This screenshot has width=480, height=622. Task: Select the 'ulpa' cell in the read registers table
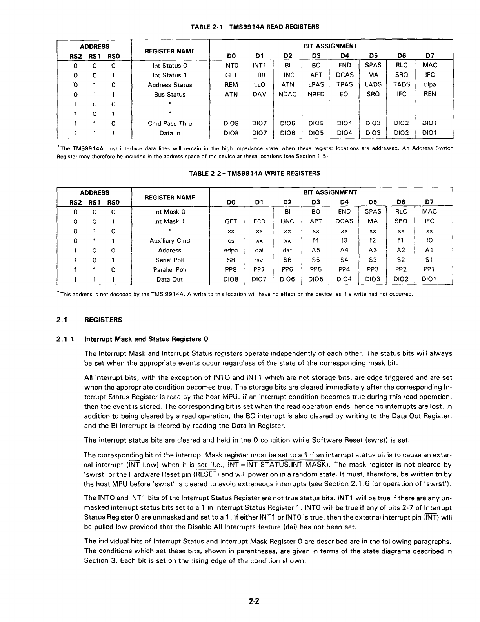coord(430,84)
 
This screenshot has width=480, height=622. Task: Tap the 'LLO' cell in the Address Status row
coord(259,84)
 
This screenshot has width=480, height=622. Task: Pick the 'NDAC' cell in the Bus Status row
coord(287,94)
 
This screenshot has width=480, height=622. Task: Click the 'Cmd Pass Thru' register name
coord(170,123)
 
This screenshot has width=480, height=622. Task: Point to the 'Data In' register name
coord(170,133)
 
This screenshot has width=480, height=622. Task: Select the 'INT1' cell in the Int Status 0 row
coord(259,65)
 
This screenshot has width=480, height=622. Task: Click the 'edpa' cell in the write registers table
coord(231,250)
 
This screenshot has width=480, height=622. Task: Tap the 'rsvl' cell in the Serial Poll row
coord(259,260)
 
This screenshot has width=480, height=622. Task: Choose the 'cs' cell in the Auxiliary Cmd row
coord(231,241)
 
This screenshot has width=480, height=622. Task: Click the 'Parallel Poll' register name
coord(170,270)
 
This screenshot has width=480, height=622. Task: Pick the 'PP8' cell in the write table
coord(231,270)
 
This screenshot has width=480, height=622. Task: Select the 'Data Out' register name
coord(170,280)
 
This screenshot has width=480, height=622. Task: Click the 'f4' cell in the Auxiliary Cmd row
coord(316,241)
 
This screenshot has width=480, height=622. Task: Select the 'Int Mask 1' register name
coord(170,221)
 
